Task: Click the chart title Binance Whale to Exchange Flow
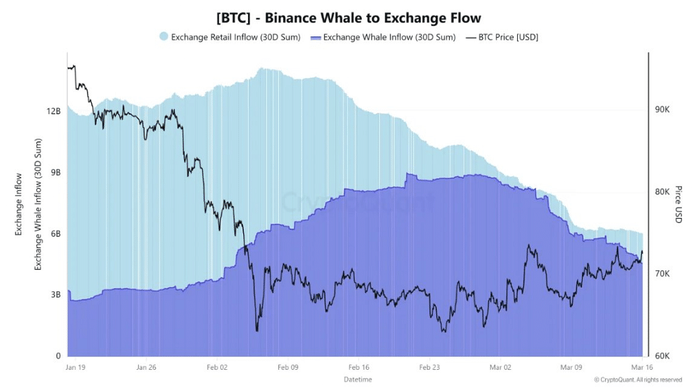pyautogui.click(x=348, y=17)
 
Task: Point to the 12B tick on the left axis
pyautogui.click(x=54, y=111)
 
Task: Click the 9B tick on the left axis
pyautogui.click(x=56, y=173)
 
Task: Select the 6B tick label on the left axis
pyautogui.click(x=56, y=234)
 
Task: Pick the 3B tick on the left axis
pyautogui.click(x=56, y=295)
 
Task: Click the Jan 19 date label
pyautogui.click(x=76, y=366)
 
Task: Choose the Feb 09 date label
pyautogui.click(x=288, y=366)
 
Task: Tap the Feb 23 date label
pyautogui.click(x=429, y=366)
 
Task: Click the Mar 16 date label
pyautogui.click(x=642, y=366)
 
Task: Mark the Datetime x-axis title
pyautogui.click(x=358, y=379)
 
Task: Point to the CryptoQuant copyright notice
pyautogui.click(x=638, y=380)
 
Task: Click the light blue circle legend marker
pyautogui.click(x=164, y=37)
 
